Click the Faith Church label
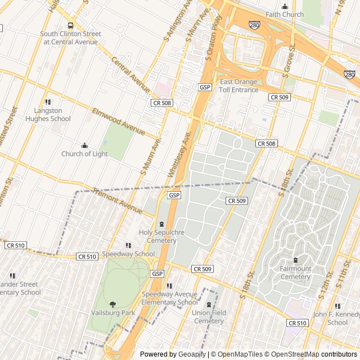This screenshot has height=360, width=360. [x=285, y=15]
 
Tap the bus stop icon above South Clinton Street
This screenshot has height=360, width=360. [x=70, y=25]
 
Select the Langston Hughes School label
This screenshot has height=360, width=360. [x=48, y=114]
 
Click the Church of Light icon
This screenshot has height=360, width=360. [x=84, y=146]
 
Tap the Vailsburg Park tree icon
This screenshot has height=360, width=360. [x=112, y=304]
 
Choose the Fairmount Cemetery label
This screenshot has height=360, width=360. [x=295, y=272]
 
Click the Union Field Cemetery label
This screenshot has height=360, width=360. [x=209, y=316]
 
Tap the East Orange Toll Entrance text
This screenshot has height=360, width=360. [x=238, y=85]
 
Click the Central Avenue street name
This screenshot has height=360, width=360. [x=130, y=75]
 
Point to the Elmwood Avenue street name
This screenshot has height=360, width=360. [x=119, y=121]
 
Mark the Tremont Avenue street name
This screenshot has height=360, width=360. [x=118, y=201]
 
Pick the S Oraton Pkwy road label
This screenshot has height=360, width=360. [x=214, y=39]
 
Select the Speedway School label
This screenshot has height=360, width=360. [x=128, y=254]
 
